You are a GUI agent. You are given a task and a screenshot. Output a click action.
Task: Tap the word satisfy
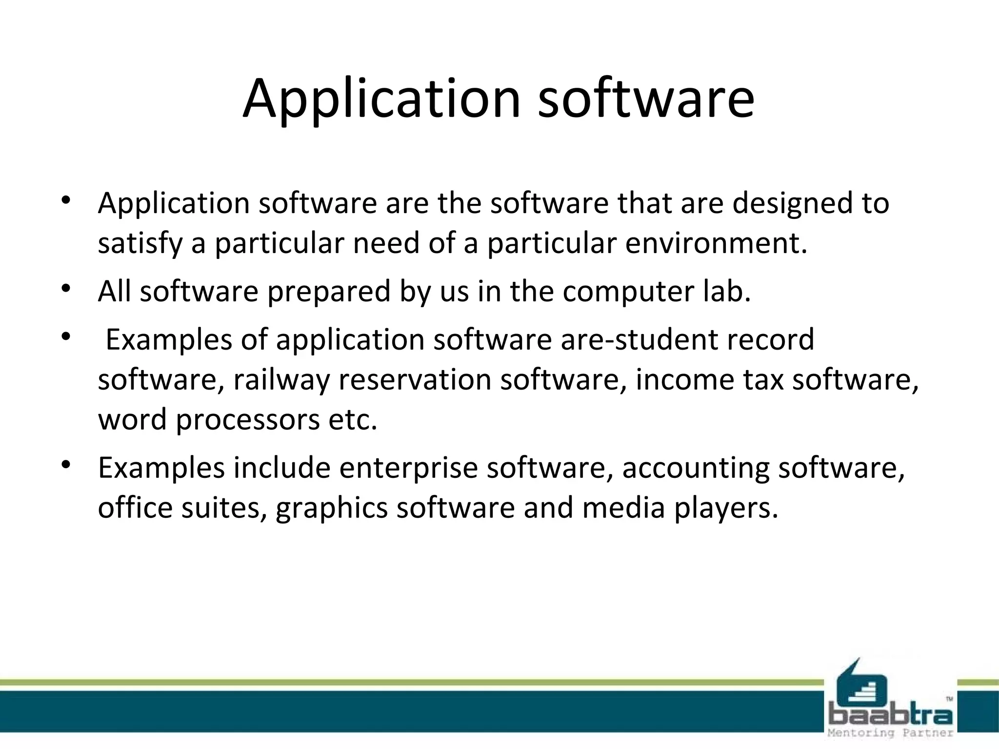click(140, 243)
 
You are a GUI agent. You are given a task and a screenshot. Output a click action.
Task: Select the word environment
click(716, 243)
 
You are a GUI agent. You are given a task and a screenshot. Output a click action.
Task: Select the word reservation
click(415, 379)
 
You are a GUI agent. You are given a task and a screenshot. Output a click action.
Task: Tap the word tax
click(763, 379)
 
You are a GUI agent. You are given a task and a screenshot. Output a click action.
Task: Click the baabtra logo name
click(890, 715)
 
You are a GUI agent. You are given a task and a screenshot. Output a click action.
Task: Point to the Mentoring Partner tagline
click(890, 733)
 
